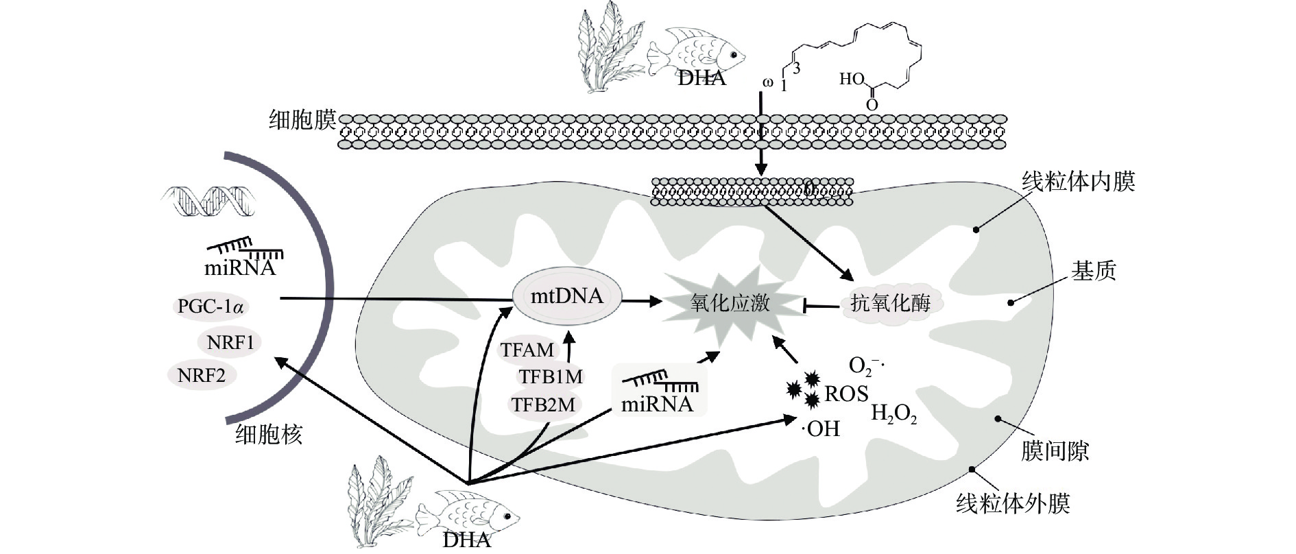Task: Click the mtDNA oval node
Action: pos(567,297)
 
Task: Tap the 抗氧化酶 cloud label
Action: pos(890,303)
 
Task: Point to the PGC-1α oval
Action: pos(210,306)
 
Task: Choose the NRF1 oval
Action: pos(230,342)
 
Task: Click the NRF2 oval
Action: pos(201,375)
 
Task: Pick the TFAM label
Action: pos(527,350)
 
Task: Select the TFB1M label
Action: pos(550,376)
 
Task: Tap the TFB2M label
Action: pos(543,405)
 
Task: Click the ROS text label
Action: pos(846,394)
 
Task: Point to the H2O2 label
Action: pos(893,413)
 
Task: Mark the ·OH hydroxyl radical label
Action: pos(821,429)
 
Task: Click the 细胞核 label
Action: pos(269,435)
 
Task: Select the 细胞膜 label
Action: pos(302,121)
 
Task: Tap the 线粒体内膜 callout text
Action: pos(1078,182)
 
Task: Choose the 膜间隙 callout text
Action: pos(1055,451)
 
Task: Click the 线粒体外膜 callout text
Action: pos(1013,504)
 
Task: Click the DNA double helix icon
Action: pos(208,200)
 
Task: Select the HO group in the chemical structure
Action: pos(852,80)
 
